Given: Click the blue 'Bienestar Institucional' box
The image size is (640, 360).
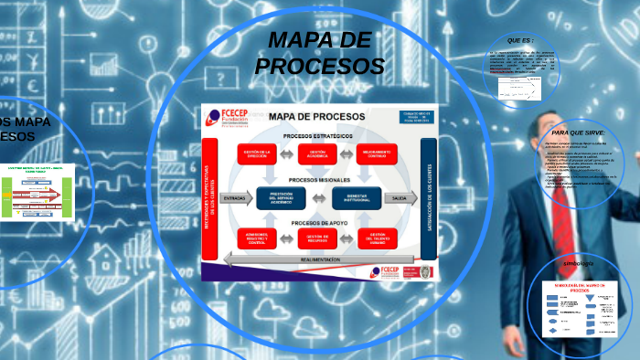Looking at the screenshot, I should click(x=351, y=197).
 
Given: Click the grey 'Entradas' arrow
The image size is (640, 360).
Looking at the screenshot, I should click(x=235, y=197).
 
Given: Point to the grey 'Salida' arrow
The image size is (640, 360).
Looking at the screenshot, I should click(x=400, y=197).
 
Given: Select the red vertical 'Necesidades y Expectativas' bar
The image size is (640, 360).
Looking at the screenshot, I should click(x=208, y=197).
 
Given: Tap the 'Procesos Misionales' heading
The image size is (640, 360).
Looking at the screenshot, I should click(x=316, y=180).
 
